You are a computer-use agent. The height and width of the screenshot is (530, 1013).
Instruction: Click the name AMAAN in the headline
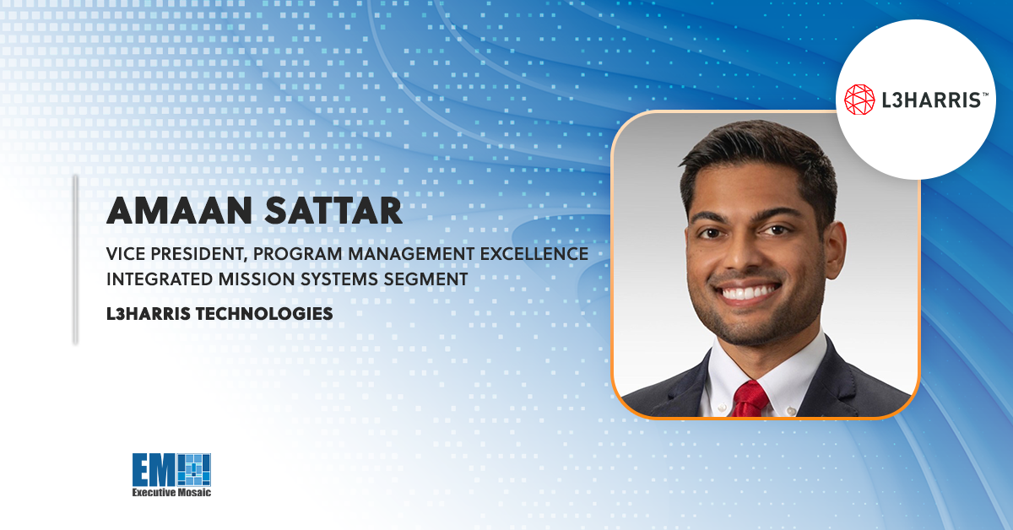click(x=179, y=211)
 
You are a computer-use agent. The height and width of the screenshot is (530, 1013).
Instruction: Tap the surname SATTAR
click(x=333, y=211)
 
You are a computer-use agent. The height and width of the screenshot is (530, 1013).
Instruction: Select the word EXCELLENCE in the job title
click(x=534, y=254)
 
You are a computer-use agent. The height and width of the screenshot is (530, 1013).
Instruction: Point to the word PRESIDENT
click(x=199, y=254)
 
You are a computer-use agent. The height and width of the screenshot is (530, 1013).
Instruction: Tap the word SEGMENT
click(x=426, y=279)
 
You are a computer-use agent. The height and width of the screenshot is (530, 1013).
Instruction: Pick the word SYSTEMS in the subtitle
click(x=340, y=279)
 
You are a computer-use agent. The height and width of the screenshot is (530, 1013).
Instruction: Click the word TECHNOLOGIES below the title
click(x=264, y=313)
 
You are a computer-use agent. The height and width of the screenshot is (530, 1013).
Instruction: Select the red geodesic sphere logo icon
click(x=859, y=100)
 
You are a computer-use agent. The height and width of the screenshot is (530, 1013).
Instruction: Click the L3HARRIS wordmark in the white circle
click(x=931, y=100)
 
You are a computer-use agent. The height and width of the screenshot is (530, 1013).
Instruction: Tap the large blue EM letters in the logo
click(x=154, y=469)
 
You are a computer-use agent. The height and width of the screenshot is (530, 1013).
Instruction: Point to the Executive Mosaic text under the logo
click(x=171, y=492)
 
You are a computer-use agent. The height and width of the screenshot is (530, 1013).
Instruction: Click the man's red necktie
click(x=750, y=398)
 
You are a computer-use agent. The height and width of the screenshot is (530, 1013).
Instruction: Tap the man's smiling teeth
click(x=749, y=293)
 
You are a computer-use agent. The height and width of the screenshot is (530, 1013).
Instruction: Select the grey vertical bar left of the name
click(x=75, y=260)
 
